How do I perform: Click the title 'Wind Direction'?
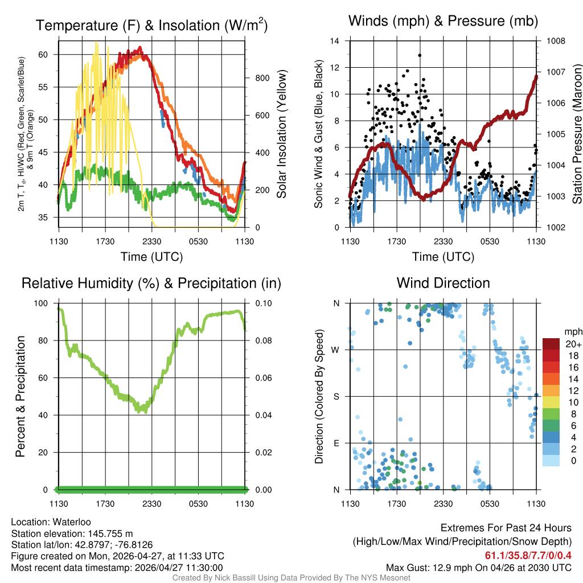click(443, 283)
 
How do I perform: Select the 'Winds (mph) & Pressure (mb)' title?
click(443, 21)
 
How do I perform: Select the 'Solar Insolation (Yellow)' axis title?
click(281, 134)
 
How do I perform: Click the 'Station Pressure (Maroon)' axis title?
click(576, 134)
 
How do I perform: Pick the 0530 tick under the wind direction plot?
click(490, 504)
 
